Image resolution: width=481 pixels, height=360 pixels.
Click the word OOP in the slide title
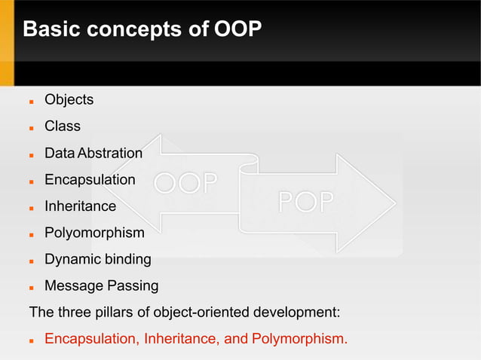[238, 30]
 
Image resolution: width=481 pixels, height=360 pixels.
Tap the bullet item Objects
[69, 99]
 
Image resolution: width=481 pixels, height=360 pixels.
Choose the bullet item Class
[62, 126]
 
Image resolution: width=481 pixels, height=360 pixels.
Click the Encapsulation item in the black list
[90, 180]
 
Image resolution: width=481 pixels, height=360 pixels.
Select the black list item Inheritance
[80, 206]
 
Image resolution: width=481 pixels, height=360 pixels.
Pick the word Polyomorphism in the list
[94, 233]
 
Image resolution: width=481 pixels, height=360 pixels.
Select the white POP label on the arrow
[307, 203]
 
